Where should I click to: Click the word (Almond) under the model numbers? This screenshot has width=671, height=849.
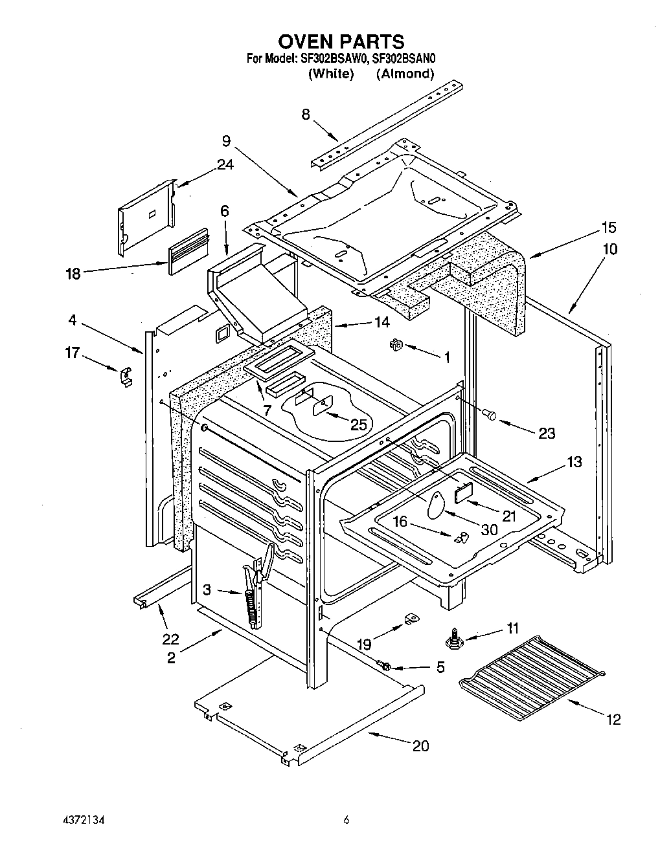[x=405, y=73]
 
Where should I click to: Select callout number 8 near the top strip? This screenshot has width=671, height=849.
[x=306, y=115]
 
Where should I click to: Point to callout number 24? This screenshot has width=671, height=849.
[x=225, y=164]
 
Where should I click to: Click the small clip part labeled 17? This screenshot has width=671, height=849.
[x=126, y=376]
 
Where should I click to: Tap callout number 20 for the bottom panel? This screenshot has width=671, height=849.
[x=420, y=745]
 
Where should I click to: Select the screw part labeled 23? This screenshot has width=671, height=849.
[x=491, y=415]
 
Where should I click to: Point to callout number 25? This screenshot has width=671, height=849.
[x=358, y=424]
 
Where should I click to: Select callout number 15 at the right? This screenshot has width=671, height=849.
[x=608, y=227]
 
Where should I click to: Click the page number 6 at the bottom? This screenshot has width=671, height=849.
[x=347, y=820]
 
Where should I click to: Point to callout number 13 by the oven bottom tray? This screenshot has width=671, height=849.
[x=574, y=462]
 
